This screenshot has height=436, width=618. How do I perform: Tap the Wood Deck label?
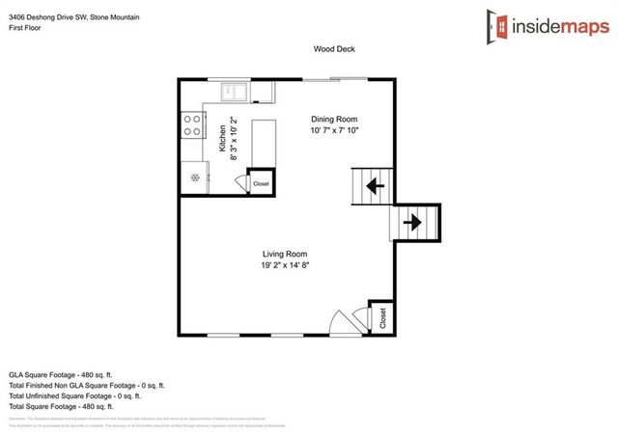click(x=334, y=48)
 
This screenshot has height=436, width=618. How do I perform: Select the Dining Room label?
click(x=334, y=119)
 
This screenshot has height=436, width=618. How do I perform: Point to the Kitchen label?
click(x=222, y=139)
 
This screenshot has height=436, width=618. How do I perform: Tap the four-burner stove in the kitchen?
click(x=192, y=125)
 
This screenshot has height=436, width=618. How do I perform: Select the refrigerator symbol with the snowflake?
click(x=194, y=177)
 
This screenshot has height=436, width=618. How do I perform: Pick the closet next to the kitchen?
click(x=261, y=181)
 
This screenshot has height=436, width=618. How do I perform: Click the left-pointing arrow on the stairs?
click(x=373, y=186)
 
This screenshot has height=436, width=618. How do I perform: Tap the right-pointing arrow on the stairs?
click(x=412, y=223)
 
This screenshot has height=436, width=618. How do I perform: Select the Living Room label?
click(x=284, y=254)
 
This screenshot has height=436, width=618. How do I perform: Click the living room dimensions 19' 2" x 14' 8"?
click(x=284, y=265)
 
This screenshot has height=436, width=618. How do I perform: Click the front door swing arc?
click(x=342, y=322)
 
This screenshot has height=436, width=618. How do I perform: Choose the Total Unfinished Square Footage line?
click(x=74, y=395)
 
